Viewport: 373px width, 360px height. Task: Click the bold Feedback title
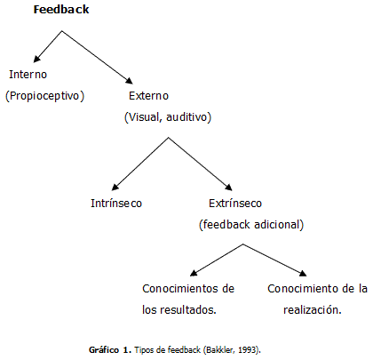coord(61,10)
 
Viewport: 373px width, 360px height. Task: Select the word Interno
coord(28,75)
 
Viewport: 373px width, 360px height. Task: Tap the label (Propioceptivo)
coord(44,96)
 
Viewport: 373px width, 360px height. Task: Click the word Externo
coord(148,96)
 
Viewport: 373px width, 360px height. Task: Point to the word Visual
coord(143,117)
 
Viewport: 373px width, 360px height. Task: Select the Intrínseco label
coord(116,204)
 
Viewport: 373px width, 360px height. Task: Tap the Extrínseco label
coord(235,204)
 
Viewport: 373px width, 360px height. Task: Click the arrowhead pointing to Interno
coord(36,59)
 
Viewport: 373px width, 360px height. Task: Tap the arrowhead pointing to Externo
coord(130,80)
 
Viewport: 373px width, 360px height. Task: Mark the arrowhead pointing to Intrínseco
coord(115,187)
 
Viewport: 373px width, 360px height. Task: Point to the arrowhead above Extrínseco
coord(229,187)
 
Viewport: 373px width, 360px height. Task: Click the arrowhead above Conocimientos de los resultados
coord(194,273)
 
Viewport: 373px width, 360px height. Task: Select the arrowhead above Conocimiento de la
coord(303,273)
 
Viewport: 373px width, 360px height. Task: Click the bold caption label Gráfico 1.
coord(110,350)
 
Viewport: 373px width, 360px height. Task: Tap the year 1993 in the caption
coord(247,350)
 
